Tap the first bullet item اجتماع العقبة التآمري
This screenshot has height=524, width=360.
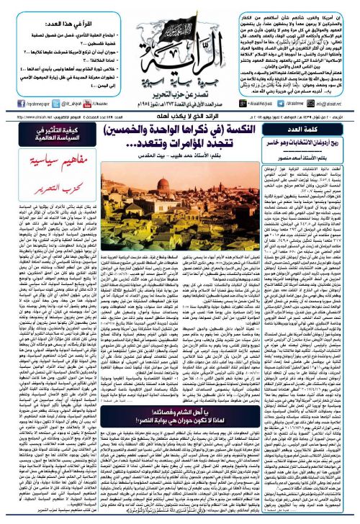68,26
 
